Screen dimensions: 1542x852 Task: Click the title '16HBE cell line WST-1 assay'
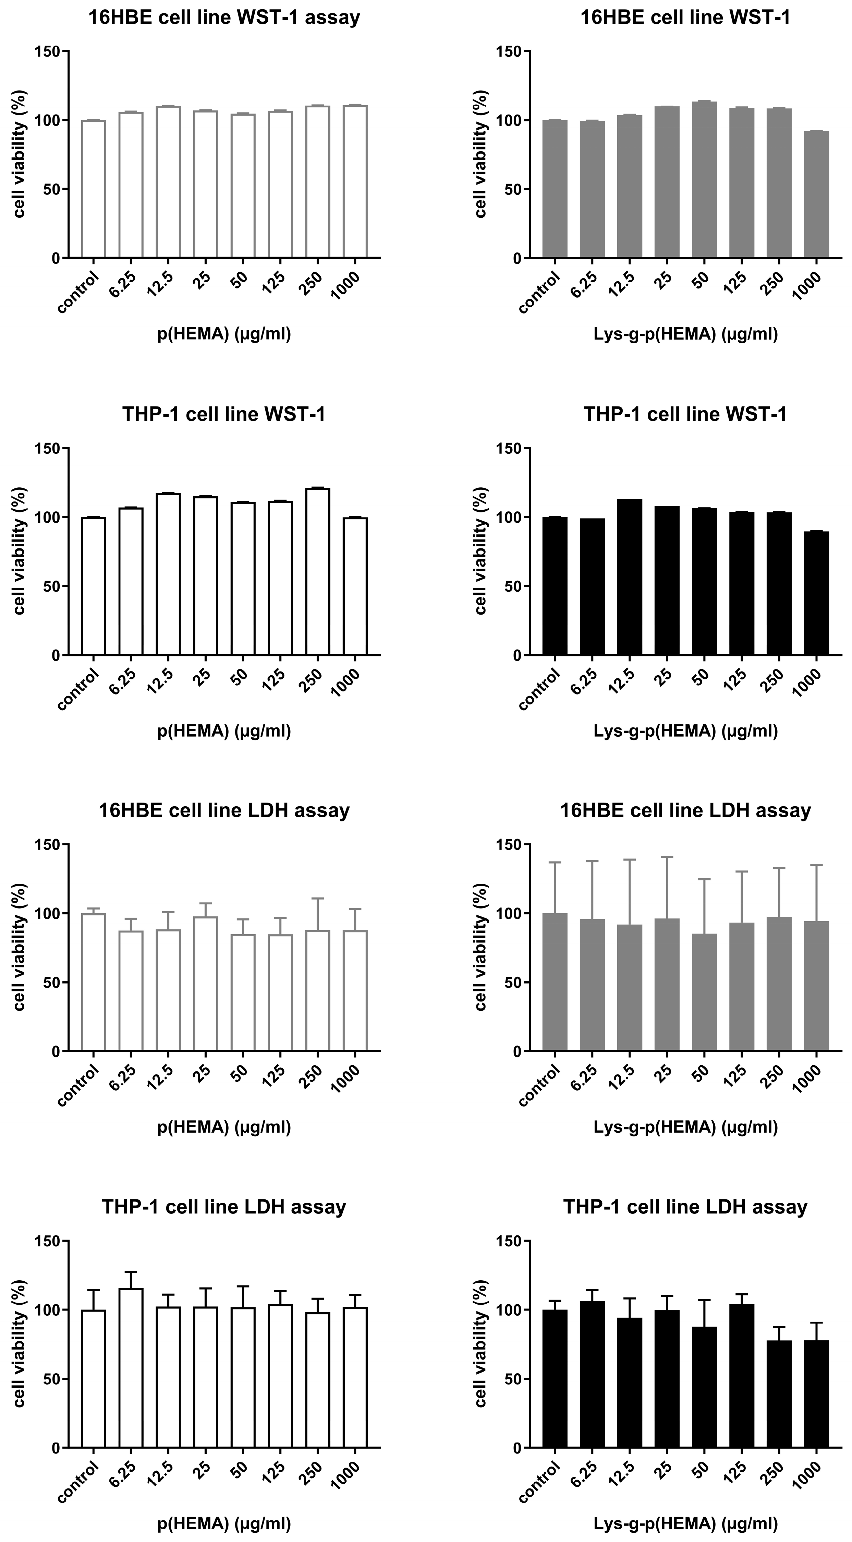click(224, 17)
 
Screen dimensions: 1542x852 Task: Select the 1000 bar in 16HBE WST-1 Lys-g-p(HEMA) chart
click(816, 194)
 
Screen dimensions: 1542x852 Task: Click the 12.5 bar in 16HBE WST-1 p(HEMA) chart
click(168, 182)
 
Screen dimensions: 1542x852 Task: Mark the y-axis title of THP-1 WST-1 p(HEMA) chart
click(20, 551)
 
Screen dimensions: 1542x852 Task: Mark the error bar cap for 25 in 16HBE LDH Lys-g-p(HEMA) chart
click(667, 857)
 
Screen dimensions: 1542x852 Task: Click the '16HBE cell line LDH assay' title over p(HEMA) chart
click(224, 810)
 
